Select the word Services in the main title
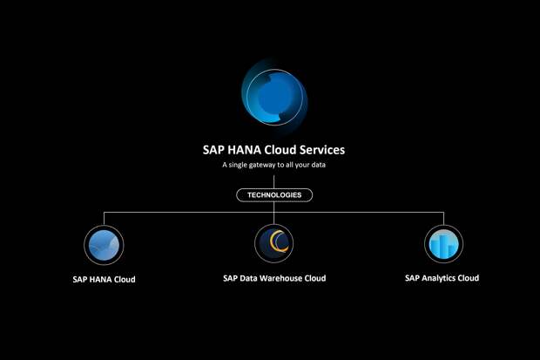pyautogui.click(x=320, y=149)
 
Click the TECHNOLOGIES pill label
pyautogui.click(x=273, y=194)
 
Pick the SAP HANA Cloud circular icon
pyautogui.click(x=104, y=244)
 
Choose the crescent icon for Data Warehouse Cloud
pyautogui.click(x=273, y=243)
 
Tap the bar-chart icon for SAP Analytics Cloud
pyautogui.click(x=443, y=244)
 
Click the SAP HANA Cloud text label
pyautogui.click(x=104, y=280)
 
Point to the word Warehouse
pyautogui.click(x=280, y=278)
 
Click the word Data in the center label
pyautogui.click(x=247, y=278)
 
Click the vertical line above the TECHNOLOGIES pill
pyautogui.click(x=273, y=180)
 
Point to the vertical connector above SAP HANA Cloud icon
pyautogui.click(x=104, y=218)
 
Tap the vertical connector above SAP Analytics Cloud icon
pyautogui.click(x=443, y=218)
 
